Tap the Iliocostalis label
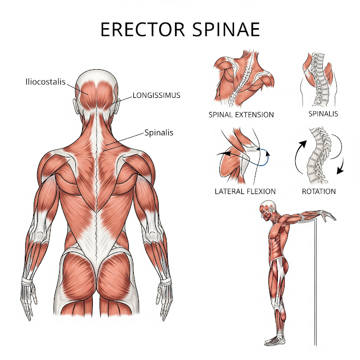click(46, 81)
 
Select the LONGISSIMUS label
click(156, 95)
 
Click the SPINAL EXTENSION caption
click(241, 115)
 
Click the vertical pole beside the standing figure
click(313, 281)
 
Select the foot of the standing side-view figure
click(274, 339)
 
